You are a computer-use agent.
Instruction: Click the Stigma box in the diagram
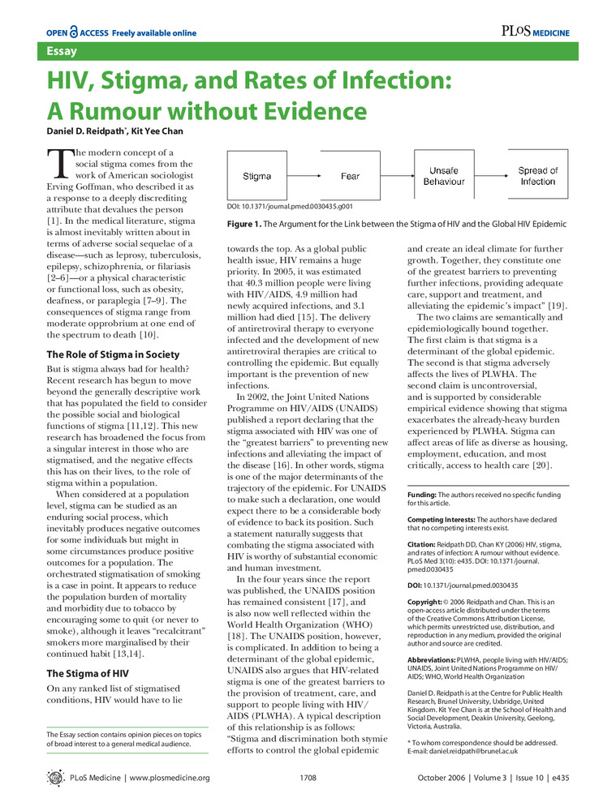[x=257, y=176]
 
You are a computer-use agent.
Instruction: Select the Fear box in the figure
[x=351, y=176]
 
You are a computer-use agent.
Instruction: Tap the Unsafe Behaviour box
[x=444, y=176]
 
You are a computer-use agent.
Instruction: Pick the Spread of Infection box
[x=538, y=176]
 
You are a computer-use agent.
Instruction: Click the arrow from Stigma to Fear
[x=304, y=176]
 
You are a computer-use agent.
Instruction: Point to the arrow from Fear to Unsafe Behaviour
[x=397, y=176]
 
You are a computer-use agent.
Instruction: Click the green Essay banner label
[x=62, y=52]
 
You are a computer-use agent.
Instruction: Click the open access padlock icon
[x=74, y=32]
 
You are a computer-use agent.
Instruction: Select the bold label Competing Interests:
[x=441, y=518]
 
